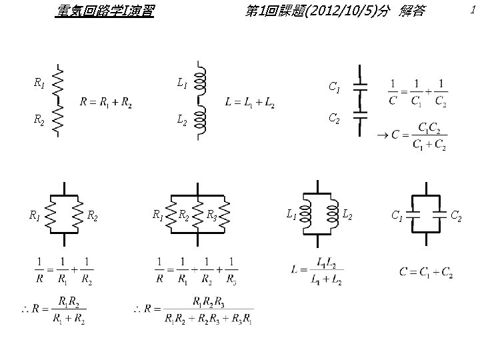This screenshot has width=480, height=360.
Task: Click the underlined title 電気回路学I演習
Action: pyautogui.click(x=104, y=11)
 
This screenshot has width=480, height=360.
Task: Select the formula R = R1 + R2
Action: pyautogui.click(x=106, y=103)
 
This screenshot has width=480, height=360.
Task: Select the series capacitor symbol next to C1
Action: pyautogui.click(x=360, y=87)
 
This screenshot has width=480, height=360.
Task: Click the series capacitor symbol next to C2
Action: pyautogui.click(x=360, y=115)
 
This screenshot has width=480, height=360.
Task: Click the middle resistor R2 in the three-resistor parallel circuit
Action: pyautogui.click(x=197, y=215)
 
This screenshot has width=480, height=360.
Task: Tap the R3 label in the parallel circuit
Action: pyautogui.click(x=211, y=215)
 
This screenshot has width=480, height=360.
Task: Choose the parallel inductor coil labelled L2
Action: pyautogui.click(x=333, y=214)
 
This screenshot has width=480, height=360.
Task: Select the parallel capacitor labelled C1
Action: pyautogui.click(x=413, y=214)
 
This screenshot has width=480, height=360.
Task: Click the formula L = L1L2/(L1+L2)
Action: pyautogui.click(x=318, y=271)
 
